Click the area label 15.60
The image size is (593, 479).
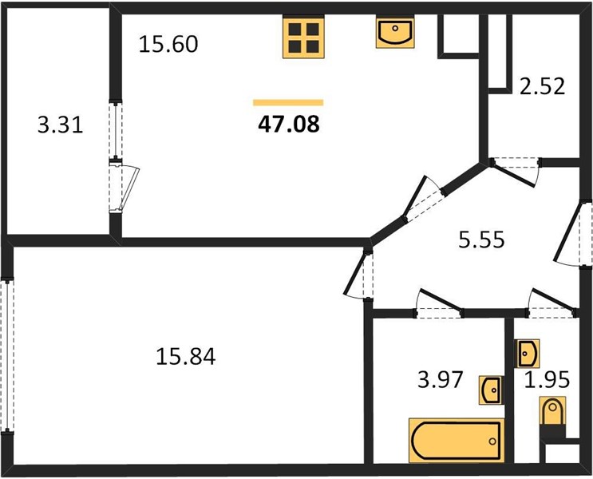(x=168, y=44)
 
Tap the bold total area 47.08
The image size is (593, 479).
(x=289, y=124)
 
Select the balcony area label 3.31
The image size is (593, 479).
(x=60, y=125)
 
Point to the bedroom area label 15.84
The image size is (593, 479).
(x=186, y=357)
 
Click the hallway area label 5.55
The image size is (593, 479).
(x=481, y=239)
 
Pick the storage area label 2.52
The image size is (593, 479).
(x=542, y=86)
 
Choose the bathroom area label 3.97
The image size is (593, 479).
(x=441, y=379)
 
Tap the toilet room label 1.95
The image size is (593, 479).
(x=547, y=379)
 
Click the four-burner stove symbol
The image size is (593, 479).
(x=304, y=38)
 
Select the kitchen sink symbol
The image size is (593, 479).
(x=395, y=32)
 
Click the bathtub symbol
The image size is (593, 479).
(x=457, y=440)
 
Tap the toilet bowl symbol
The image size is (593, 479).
(x=552, y=411)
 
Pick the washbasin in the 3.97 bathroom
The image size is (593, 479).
(x=491, y=390)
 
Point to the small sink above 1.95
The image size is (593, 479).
(x=528, y=353)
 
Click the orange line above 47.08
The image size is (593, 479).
(x=288, y=102)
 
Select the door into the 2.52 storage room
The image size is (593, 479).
(x=516, y=172)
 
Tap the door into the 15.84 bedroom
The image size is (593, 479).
(x=358, y=273)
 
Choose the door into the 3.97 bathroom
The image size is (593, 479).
(x=440, y=303)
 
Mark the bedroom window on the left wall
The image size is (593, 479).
(x=7, y=355)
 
